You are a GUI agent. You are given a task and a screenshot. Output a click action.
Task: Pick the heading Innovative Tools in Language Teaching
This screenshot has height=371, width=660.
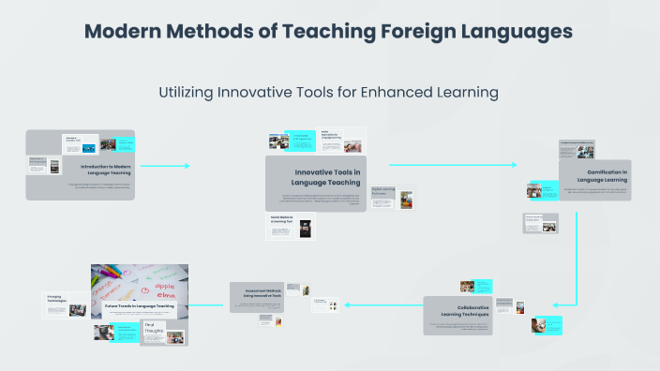point(327,177)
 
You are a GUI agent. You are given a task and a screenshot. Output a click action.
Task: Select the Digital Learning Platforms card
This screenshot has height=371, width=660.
point(383,191)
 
